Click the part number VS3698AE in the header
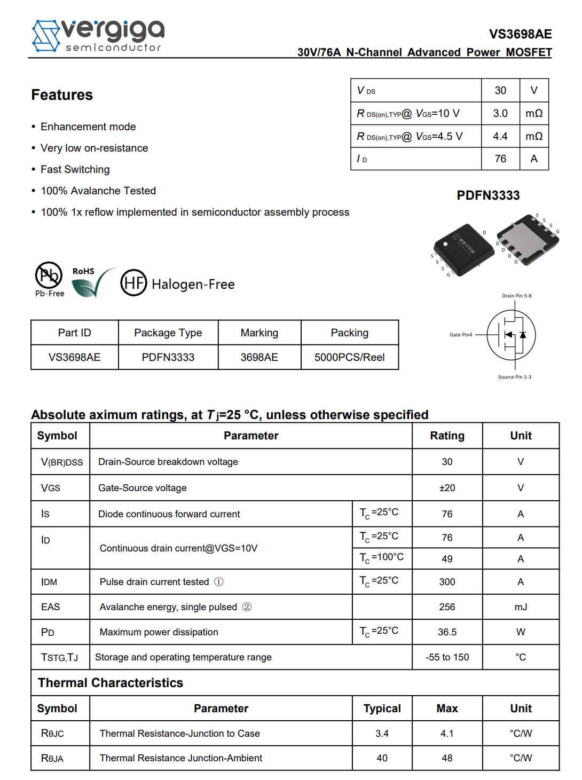[x=520, y=34]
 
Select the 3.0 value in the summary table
[x=500, y=113]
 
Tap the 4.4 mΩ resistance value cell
[x=500, y=136]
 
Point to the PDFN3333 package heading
[x=488, y=195]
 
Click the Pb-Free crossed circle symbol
[x=49, y=275]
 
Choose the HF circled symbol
[x=133, y=283]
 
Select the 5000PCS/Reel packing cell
[x=349, y=357]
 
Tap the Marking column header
[x=259, y=333]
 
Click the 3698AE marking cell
[x=259, y=357]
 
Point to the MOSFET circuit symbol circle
[x=511, y=335]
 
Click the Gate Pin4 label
[x=461, y=335]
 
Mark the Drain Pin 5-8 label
[x=516, y=296]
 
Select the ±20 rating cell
[x=447, y=488]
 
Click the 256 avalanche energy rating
[x=447, y=607]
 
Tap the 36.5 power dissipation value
[x=447, y=632]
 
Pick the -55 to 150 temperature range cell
[x=447, y=657]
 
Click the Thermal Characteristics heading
[x=111, y=683]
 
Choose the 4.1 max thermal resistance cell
[x=447, y=734]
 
